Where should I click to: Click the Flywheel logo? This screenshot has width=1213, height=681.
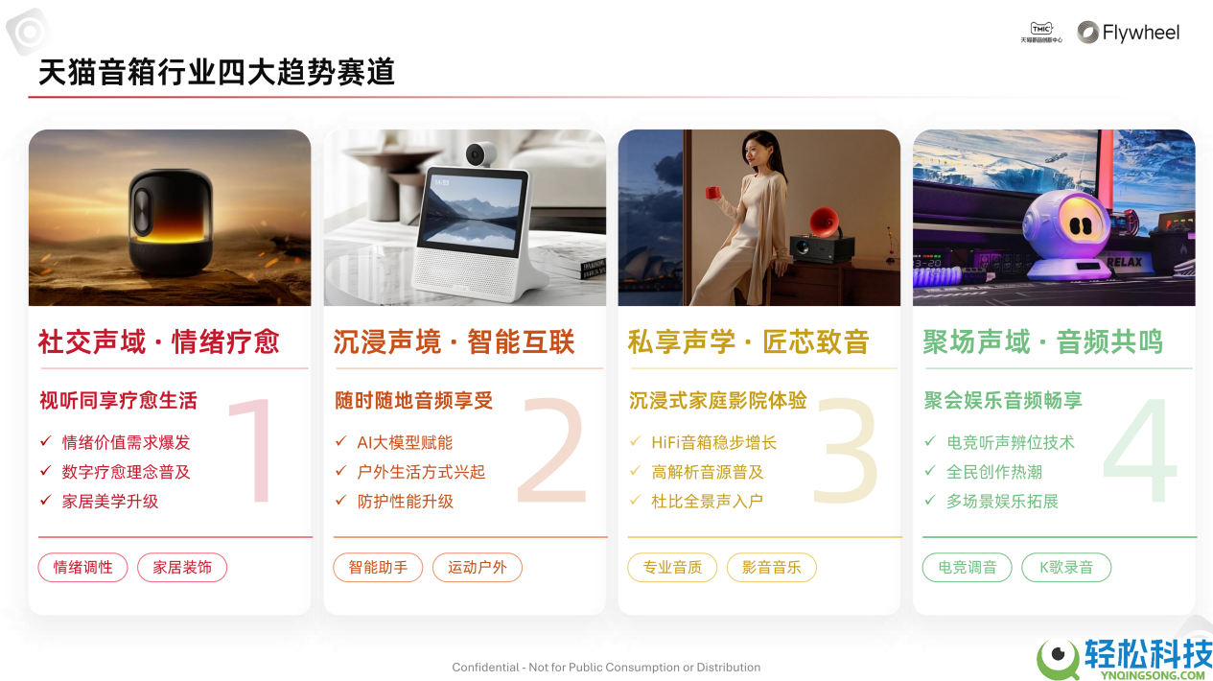[1128, 33]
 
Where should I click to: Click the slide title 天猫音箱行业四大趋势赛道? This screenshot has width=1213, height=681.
[217, 72]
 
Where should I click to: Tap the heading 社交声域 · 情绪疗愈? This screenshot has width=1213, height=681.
[159, 342]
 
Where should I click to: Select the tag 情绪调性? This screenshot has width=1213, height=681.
[83, 567]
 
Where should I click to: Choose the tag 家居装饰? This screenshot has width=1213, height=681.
[182, 567]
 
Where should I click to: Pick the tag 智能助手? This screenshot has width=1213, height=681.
[378, 567]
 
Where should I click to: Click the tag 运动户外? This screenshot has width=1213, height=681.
[478, 567]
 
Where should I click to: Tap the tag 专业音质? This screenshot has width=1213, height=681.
[672, 567]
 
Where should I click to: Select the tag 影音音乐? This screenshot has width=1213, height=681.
[772, 567]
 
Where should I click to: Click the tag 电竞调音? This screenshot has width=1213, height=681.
[967, 567]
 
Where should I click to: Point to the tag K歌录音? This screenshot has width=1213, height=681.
[1066, 567]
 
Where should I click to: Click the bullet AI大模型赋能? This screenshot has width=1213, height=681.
[405, 442]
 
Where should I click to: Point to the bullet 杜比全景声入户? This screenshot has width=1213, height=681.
[707, 501]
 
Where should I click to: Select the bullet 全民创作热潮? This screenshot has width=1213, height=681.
[993, 472]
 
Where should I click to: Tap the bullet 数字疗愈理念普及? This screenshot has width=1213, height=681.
[126, 472]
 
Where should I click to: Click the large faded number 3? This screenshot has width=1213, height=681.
[845, 451]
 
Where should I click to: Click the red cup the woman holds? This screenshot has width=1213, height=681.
[713, 192]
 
